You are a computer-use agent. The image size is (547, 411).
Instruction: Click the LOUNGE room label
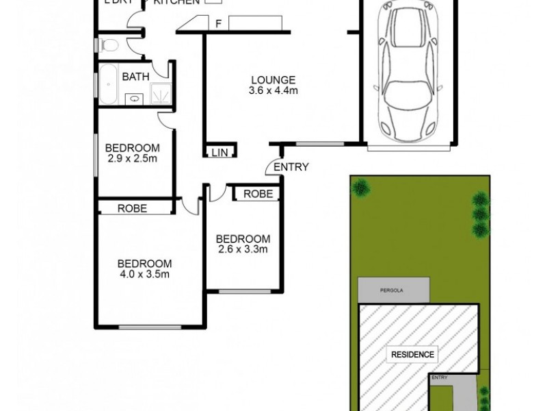pos(273,79)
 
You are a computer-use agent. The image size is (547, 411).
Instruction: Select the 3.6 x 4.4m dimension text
pos(273,90)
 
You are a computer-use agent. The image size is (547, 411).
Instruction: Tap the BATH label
pos(135,77)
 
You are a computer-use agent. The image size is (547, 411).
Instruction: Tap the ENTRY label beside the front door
pos(291,167)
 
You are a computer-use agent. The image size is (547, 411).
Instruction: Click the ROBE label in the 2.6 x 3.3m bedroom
pos(258,195)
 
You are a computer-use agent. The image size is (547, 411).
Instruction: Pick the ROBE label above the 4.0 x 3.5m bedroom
pos(133,209)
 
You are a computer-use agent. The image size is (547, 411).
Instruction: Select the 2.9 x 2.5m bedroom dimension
pos(132,160)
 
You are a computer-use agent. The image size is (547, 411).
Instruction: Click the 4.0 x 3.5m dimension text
pos(143,275)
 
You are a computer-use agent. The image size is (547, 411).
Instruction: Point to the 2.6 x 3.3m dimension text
pos(243,250)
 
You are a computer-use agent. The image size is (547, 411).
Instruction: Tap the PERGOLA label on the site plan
pos(392,290)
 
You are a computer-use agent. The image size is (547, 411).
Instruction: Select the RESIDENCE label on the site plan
pos(412,355)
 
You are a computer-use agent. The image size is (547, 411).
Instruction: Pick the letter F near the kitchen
pos(218,24)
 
